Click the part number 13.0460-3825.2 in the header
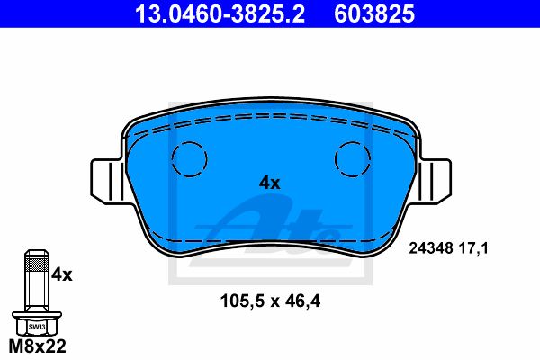tap(220, 13)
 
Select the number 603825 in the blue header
tap(374, 13)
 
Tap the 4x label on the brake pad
tap(270, 183)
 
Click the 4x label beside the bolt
tap(62, 274)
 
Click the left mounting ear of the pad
tap(107, 182)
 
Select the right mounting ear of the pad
tap(435, 182)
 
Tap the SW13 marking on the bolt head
tap(37, 327)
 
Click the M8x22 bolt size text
tap(37, 346)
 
